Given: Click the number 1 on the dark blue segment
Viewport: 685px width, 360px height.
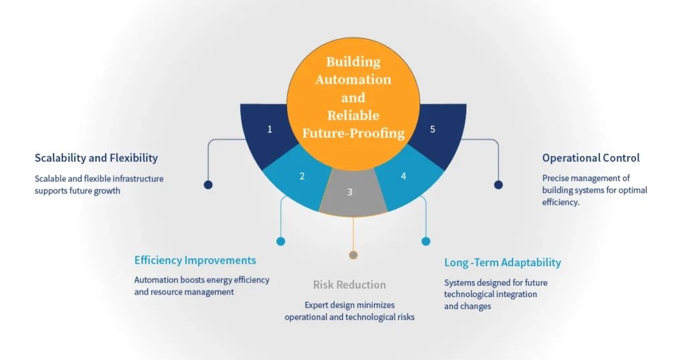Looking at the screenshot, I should pos(270,129).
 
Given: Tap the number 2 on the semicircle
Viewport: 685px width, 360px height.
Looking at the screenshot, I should pos(302,177).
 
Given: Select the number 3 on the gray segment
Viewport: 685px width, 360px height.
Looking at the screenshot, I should pos(350,192).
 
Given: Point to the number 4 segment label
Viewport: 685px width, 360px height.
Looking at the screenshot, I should pos(403,177).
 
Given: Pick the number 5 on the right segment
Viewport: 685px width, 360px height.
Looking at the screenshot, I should pos(432,129).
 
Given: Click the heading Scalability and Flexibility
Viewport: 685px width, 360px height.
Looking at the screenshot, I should pos(96,158).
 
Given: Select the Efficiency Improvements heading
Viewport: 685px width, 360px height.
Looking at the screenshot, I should pos(195,260).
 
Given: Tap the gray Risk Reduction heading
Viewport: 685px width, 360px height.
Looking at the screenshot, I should pos(349,285).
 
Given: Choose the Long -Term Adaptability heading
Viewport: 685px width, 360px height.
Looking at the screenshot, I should pos(502,262).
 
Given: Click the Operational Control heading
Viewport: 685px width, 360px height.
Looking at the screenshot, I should pos(591,158).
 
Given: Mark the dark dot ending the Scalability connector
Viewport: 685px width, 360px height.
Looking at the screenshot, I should pos(208,185).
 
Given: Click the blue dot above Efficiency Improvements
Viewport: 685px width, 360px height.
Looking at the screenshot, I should pos(280,241).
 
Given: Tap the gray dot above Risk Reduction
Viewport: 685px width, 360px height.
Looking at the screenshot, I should pos(353,255).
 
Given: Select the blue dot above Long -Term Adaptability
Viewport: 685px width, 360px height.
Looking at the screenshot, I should pos(425,241).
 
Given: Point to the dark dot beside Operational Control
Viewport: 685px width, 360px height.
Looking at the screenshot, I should pos(498,185).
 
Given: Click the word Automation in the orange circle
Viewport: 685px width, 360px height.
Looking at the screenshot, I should pos(353,80).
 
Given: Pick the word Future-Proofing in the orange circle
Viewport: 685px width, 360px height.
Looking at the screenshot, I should pos(353,133).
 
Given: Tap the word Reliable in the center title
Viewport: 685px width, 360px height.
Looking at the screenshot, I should pos(353,115).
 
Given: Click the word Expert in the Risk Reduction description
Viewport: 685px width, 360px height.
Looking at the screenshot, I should pos(318,304).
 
